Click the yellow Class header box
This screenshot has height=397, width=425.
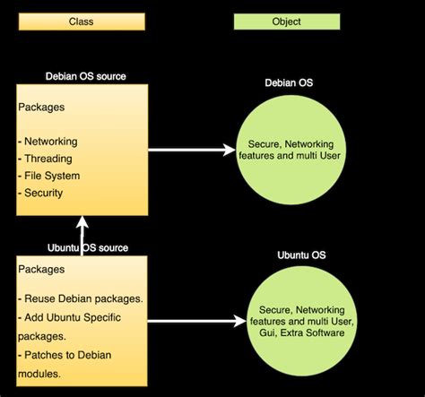click(x=82, y=21)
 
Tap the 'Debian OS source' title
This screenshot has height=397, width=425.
click(x=85, y=76)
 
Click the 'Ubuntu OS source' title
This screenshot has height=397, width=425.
click(x=87, y=247)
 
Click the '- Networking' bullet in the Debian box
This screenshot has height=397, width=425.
click(x=48, y=142)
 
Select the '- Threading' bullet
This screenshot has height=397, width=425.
click(x=45, y=159)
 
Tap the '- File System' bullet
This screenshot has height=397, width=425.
click(x=49, y=176)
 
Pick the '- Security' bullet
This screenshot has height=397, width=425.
click(x=41, y=193)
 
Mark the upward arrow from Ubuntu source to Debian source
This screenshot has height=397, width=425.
click(x=82, y=236)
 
